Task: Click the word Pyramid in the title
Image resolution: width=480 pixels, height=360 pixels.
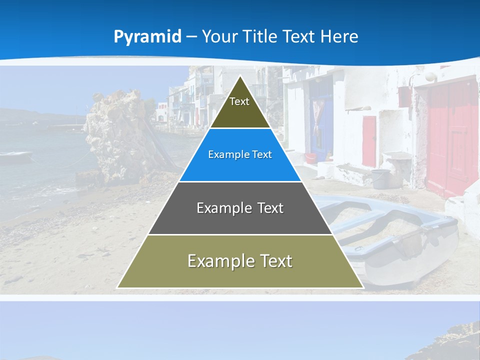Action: coord(147,37)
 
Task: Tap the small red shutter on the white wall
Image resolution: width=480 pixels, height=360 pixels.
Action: coord(369,141)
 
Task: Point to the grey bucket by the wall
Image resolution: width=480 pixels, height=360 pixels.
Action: coord(381,178)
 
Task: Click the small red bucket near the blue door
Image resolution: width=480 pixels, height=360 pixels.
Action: coord(310,158)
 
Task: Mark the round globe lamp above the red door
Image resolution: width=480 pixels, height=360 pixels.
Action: coord(429,76)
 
